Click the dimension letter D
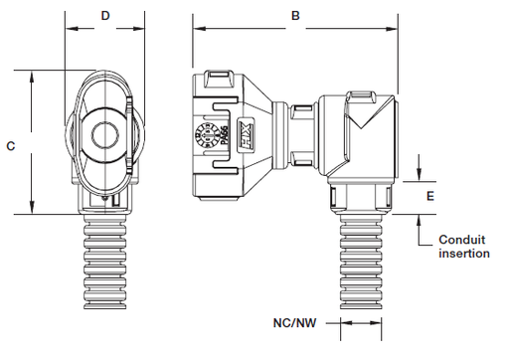tap(105, 16)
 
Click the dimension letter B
tap(294, 16)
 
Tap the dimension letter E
tap(429, 196)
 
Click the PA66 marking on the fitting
tap(225, 136)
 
